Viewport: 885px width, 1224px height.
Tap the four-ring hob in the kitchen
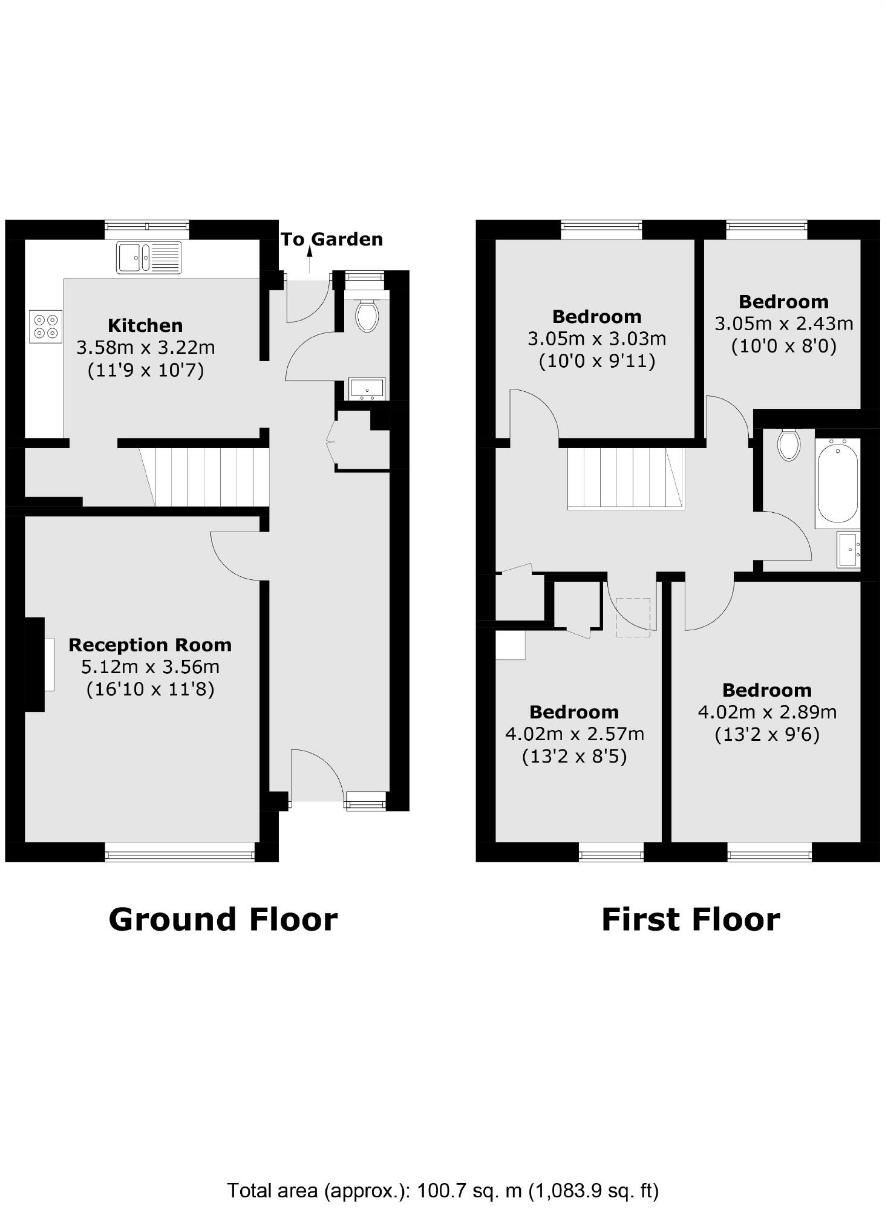coord(46,326)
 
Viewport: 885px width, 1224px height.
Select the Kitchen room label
coord(145,325)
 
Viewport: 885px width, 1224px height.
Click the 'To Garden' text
coord(331,239)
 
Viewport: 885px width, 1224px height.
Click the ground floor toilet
coord(367,316)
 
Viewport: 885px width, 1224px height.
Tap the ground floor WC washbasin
coord(367,389)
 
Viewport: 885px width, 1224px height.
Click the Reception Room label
coord(150,645)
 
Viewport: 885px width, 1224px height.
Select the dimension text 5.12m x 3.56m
coord(150,666)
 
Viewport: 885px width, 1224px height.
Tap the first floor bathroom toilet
coord(788,444)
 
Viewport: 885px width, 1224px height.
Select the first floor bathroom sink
coord(848,549)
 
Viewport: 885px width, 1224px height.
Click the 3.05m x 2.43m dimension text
coord(783,324)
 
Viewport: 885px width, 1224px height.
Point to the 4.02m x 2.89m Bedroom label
coord(766,690)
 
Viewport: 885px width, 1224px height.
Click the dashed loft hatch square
coord(633,617)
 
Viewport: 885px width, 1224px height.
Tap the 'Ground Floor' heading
coord(223,919)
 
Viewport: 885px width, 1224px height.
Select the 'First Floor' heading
coord(690,919)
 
